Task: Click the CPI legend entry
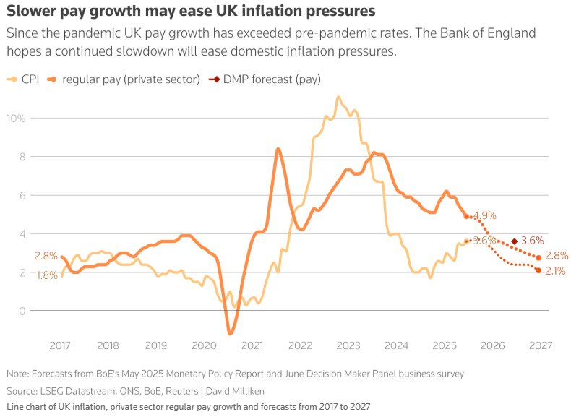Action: (x=25, y=79)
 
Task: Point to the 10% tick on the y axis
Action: (x=17, y=118)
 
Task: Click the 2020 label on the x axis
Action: (x=204, y=345)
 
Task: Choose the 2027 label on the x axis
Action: (x=538, y=345)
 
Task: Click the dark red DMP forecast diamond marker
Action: (x=514, y=241)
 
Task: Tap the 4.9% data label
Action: (x=485, y=215)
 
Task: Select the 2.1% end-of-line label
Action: (x=555, y=271)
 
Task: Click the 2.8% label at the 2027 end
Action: (x=557, y=255)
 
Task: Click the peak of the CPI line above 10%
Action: (x=338, y=96)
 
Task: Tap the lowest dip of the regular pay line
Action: (x=231, y=333)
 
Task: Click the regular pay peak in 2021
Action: (x=278, y=149)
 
